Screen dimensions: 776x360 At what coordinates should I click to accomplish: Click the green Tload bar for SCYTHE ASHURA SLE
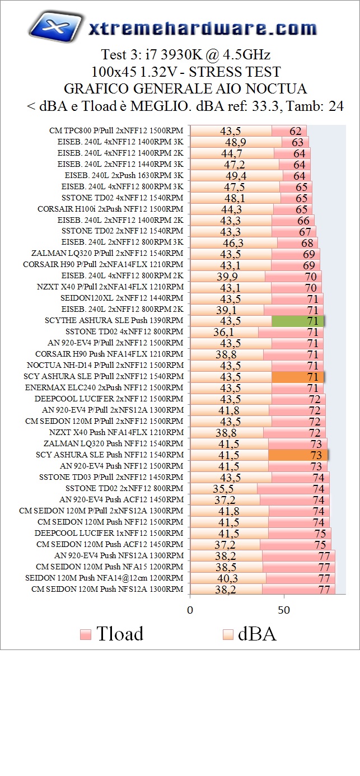pos(298,321)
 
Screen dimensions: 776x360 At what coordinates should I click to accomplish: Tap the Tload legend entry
pos(112,634)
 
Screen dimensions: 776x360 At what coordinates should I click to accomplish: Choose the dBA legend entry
pos(250,634)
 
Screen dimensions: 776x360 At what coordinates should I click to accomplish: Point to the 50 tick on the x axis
pos(284,610)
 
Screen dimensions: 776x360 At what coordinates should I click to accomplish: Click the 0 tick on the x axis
pos(190,610)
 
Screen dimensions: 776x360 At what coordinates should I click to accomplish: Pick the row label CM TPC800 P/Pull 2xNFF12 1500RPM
pos(116,131)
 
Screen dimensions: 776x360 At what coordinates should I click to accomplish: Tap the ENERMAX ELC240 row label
pos(104,388)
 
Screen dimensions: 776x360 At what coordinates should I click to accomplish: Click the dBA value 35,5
pos(223,489)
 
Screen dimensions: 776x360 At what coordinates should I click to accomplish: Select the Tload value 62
pos(296,131)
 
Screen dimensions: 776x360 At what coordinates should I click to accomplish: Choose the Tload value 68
pos(307,243)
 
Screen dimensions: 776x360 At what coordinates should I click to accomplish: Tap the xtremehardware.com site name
pos(203,28)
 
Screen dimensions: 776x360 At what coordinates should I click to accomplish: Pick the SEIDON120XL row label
pos(121,298)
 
